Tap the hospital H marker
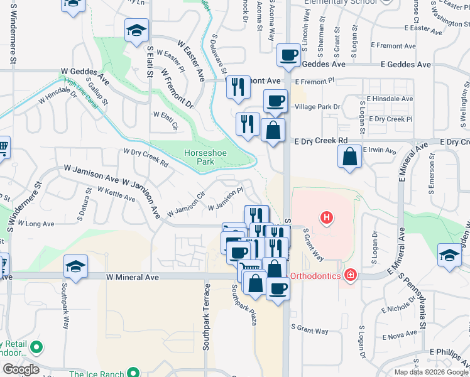pyautogui.click(x=327, y=218)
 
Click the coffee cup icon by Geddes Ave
pyautogui.click(x=288, y=55)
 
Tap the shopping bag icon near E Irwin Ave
pyautogui.click(x=349, y=156)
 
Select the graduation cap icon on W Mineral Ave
pyautogui.click(x=75, y=267)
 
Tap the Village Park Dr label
pyautogui.click(x=317, y=107)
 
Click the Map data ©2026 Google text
pyautogui.click(x=431, y=372)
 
